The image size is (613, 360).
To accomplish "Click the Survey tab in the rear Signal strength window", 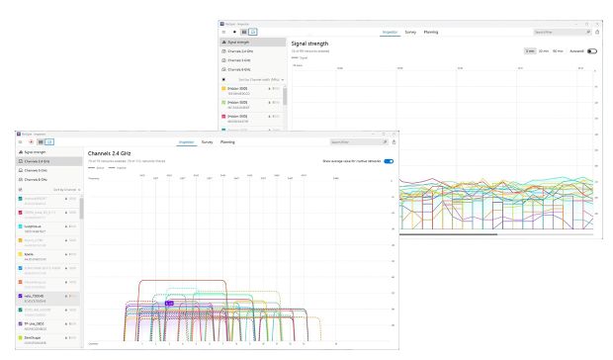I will pyautogui.click(x=411, y=32).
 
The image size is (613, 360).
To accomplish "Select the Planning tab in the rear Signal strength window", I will pyautogui.click(x=431, y=32).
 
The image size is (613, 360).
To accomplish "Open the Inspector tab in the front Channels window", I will pyautogui.click(x=186, y=142).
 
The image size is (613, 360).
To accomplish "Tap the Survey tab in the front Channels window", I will pyautogui.click(x=208, y=142).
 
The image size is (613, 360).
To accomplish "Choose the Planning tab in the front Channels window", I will pyautogui.click(x=227, y=142).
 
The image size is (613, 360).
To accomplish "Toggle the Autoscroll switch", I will pyautogui.click(x=591, y=50).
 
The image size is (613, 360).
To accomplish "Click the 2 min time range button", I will pyautogui.click(x=530, y=50).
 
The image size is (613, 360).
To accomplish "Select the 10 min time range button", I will pyautogui.click(x=544, y=50).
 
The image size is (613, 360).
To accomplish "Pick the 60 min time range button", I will pyautogui.click(x=559, y=50).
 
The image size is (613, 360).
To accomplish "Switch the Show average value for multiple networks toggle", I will pyautogui.click(x=389, y=160).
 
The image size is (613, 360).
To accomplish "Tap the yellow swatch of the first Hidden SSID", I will pyautogui.click(x=223, y=89).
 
